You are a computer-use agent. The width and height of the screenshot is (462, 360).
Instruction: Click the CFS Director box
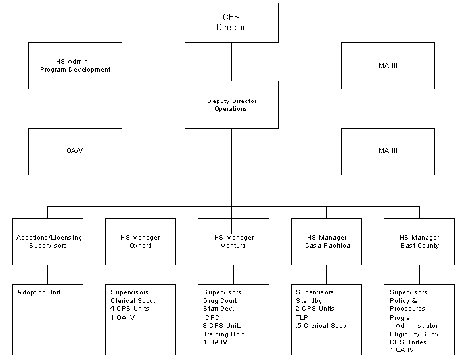(231, 23)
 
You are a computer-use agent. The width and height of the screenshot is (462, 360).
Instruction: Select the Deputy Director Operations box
(231, 104)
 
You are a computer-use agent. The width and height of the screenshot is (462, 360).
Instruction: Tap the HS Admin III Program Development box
(75, 65)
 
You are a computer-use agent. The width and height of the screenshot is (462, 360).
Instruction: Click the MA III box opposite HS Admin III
(388, 65)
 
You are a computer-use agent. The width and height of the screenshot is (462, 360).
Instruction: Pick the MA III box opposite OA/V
(388, 151)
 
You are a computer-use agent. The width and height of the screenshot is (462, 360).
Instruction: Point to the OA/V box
(75, 151)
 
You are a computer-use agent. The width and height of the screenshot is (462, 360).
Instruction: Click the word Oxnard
(141, 246)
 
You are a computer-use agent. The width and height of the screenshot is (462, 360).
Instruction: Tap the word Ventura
(234, 246)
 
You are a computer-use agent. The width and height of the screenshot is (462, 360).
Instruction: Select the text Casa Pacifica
(327, 246)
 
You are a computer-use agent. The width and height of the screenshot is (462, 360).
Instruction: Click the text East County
(420, 246)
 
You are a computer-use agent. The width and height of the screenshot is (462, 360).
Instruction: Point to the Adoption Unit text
(39, 292)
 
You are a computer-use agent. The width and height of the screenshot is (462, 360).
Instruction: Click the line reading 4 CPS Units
(130, 309)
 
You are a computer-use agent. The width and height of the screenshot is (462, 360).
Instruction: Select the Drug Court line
(220, 301)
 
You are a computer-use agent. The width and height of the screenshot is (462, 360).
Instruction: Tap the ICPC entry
(211, 317)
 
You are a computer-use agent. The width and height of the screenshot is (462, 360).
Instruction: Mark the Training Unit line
(224, 334)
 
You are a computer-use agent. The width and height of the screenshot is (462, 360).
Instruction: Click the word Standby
(310, 301)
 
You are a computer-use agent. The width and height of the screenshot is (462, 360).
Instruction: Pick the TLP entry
(302, 317)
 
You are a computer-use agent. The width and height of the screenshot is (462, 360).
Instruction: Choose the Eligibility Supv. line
(415, 334)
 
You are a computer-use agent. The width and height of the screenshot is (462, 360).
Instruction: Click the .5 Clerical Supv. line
(323, 326)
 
